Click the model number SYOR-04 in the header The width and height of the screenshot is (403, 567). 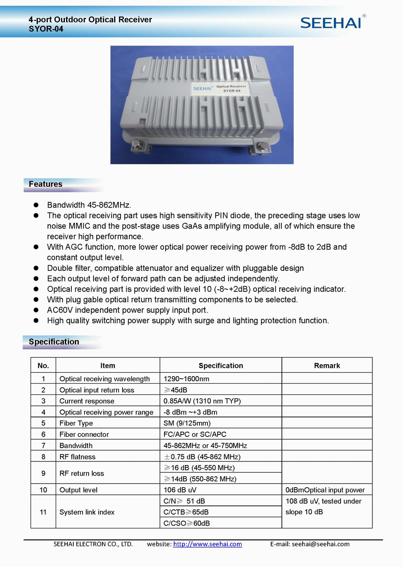[46, 29]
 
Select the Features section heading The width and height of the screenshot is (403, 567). [46, 184]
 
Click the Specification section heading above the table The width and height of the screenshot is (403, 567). [54, 342]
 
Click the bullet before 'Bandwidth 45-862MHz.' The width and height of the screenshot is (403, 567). [36, 205]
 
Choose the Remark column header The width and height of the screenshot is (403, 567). [327, 366]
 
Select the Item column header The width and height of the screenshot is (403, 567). [108, 366]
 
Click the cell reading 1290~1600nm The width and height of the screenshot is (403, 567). [186, 379]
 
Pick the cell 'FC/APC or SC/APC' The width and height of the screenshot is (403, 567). [195, 434]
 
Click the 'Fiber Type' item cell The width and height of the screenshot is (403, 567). [76, 423]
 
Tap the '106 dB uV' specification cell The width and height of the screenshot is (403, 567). [180, 490]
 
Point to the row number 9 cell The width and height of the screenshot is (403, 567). [43, 473]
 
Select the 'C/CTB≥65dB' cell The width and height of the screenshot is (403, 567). [186, 512]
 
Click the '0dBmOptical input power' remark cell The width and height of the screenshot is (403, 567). [325, 490]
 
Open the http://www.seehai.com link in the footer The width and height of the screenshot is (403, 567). [208, 544]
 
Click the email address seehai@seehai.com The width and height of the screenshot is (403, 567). [320, 544]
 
